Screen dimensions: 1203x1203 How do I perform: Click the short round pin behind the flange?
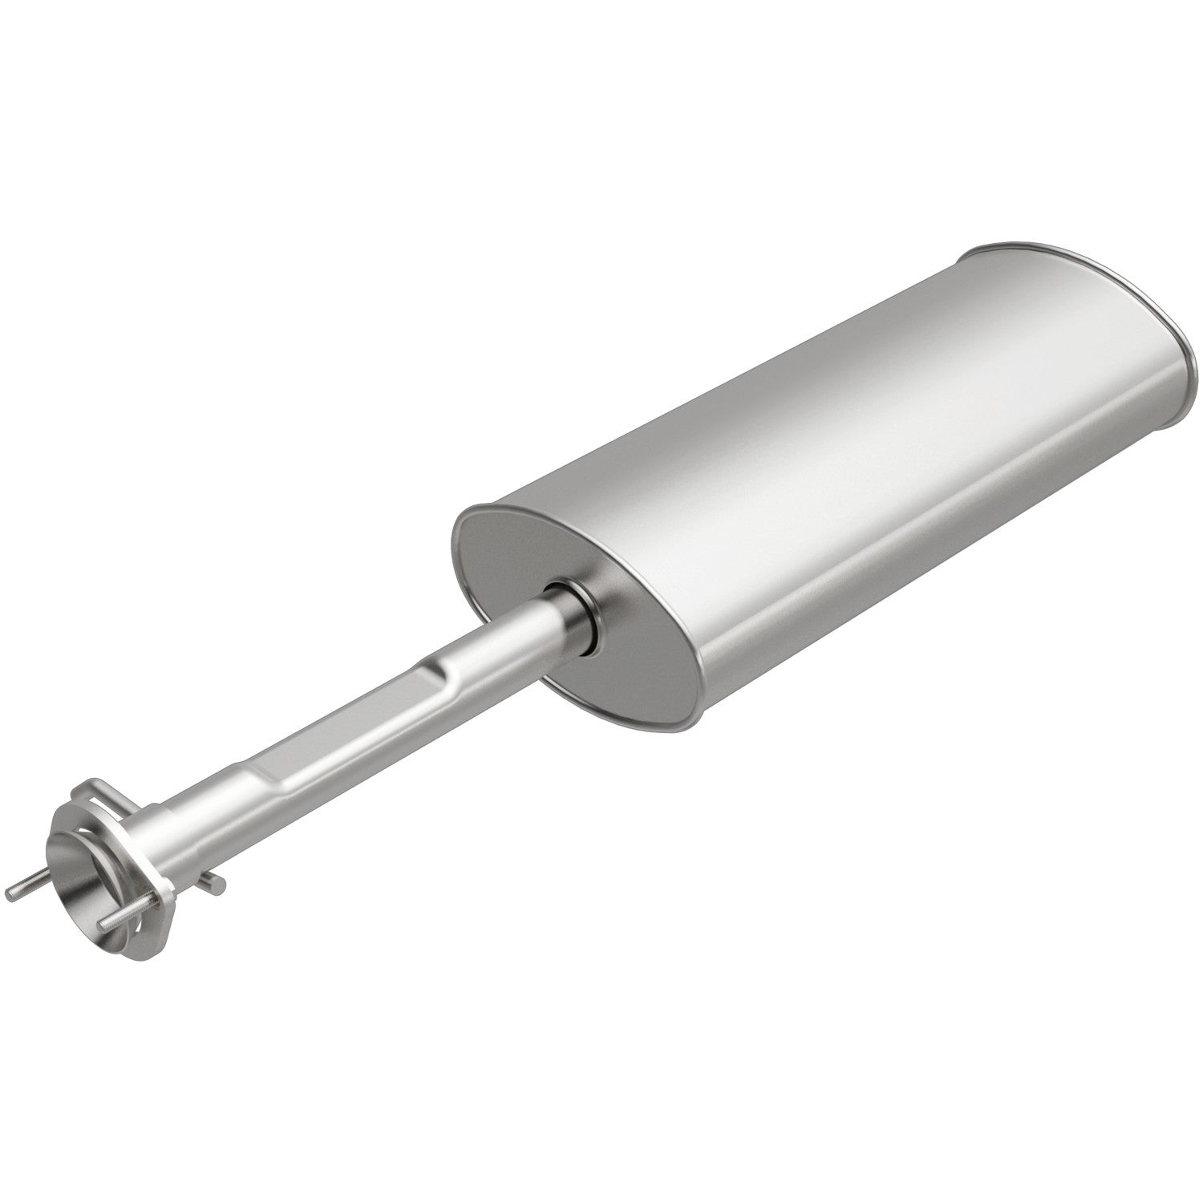[x=215, y=882]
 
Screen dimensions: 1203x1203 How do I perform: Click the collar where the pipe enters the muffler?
[x=573, y=610]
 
